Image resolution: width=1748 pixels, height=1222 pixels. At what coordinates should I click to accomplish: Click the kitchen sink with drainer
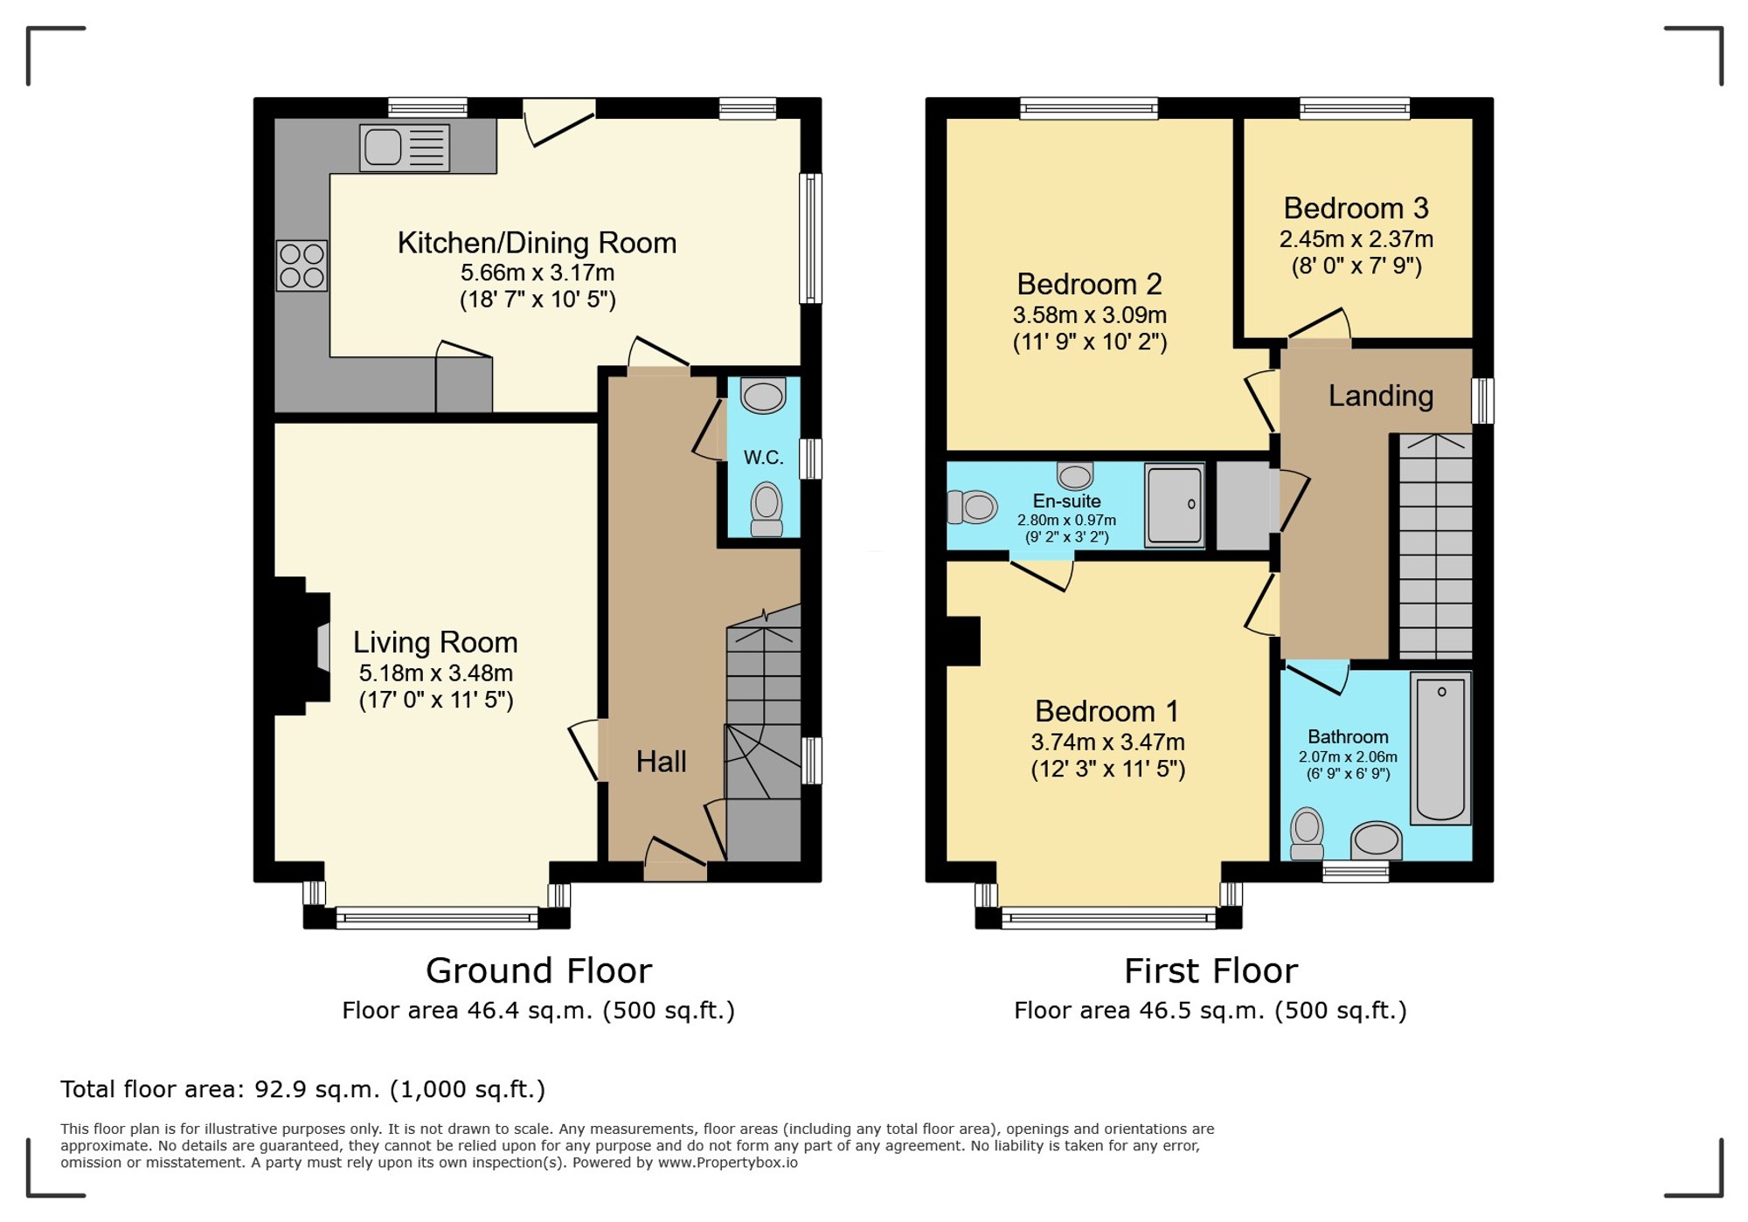pyautogui.click(x=405, y=148)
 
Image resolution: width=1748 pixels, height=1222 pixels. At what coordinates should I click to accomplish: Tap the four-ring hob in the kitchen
pyautogui.click(x=302, y=266)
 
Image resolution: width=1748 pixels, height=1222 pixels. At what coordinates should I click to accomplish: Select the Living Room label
pyautogui.click(x=435, y=642)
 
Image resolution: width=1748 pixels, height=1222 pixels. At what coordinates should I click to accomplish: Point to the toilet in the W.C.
pyautogui.click(x=766, y=510)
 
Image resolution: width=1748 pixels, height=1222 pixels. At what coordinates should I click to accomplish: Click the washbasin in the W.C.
pyautogui.click(x=763, y=395)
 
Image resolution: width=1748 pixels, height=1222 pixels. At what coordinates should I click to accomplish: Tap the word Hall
pyautogui.click(x=661, y=762)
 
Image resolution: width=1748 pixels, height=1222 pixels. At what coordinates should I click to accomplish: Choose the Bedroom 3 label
pyautogui.click(x=1356, y=208)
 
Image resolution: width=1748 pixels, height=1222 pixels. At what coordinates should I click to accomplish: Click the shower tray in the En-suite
pyautogui.click(x=1175, y=505)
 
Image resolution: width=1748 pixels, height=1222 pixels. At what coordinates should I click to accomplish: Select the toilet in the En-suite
pyautogui.click(x=972, y=507)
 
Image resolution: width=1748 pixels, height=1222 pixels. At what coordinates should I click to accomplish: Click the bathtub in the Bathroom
pyautogui.click(x=1440, y=749)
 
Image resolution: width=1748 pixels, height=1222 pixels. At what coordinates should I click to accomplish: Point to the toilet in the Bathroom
pyautogui.click(x=1307, y=833)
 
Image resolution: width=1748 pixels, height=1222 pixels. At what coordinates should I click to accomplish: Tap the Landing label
pyautogui.click(x=1381, y=396)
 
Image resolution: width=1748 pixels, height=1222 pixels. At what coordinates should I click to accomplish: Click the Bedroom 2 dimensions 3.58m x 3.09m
pyautogui.click(x=1090, y=314)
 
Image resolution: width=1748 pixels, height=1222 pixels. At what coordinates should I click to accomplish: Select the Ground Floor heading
pyautogui.click(x=538, y=970)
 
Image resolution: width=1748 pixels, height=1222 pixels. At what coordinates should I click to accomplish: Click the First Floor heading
pyautogui.click(x=1210, y=970)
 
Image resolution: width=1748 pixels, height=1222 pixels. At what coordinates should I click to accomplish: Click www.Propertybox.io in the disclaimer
pyautogui.click(x=727, y=1163)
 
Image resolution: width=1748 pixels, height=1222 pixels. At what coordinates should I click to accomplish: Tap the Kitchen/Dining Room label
pyautogui.click(x=537, y=243)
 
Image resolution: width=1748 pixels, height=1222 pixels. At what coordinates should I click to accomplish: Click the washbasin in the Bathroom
pyautogui.click(x=1377, y=840)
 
